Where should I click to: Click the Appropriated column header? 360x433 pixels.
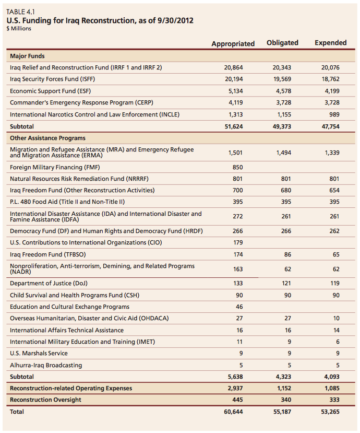point(233,43)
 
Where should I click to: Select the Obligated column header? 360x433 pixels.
point(282,43)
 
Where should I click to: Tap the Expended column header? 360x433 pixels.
point(330,43)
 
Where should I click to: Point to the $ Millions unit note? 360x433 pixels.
point(19,29)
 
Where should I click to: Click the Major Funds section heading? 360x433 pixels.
point(27,56)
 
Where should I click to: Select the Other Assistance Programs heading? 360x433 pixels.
point(47,138)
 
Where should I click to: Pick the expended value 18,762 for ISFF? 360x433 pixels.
point(330,79)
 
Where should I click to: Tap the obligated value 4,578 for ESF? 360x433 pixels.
point(282,91)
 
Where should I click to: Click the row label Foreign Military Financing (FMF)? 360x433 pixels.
point(53,167)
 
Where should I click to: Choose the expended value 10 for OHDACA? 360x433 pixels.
point(336,318)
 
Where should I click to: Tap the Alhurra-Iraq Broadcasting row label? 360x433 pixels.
point(46,365)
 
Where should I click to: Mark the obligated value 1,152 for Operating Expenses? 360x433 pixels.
point(282,388)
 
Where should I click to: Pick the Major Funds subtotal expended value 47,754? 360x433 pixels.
point(330,126)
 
